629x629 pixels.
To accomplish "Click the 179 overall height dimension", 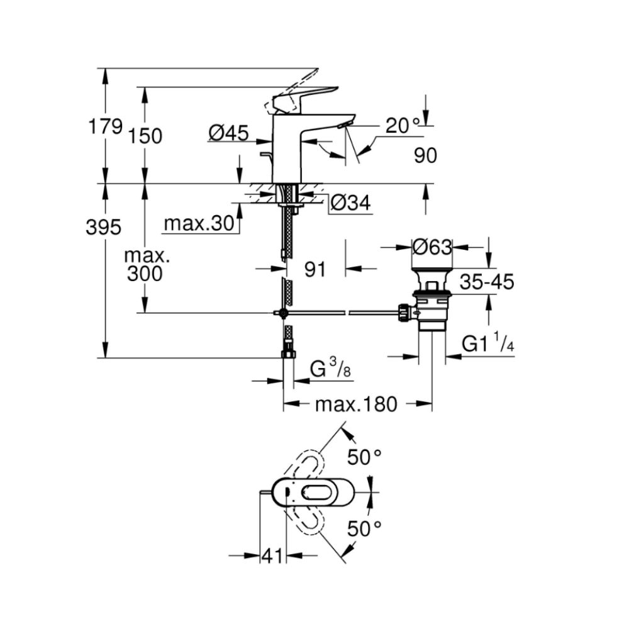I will [104, 126].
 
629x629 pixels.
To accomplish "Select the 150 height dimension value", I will [147, 136].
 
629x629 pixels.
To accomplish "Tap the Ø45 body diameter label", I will [228, 133].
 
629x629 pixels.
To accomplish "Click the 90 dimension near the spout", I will [426, 155].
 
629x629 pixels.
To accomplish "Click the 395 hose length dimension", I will [103, 228].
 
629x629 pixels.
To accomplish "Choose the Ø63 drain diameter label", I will [432, 247].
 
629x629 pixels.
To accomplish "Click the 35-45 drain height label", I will [486, 282].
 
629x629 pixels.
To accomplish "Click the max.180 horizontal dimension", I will [356, 404].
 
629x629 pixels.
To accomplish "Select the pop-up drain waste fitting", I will [431, 302].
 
